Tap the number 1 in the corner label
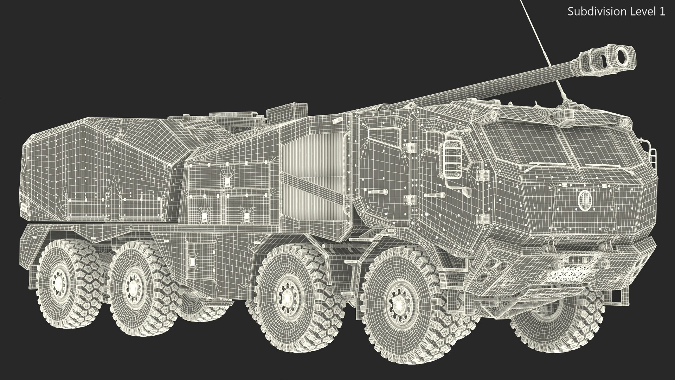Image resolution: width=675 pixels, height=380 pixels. coord(662,12)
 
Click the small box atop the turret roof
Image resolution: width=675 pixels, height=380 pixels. coord(287,112)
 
